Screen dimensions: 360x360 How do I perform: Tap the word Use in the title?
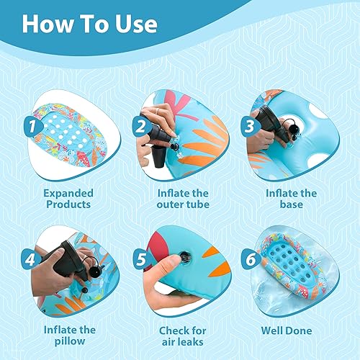[135, 24]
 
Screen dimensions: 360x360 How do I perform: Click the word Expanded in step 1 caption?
[68, 193]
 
